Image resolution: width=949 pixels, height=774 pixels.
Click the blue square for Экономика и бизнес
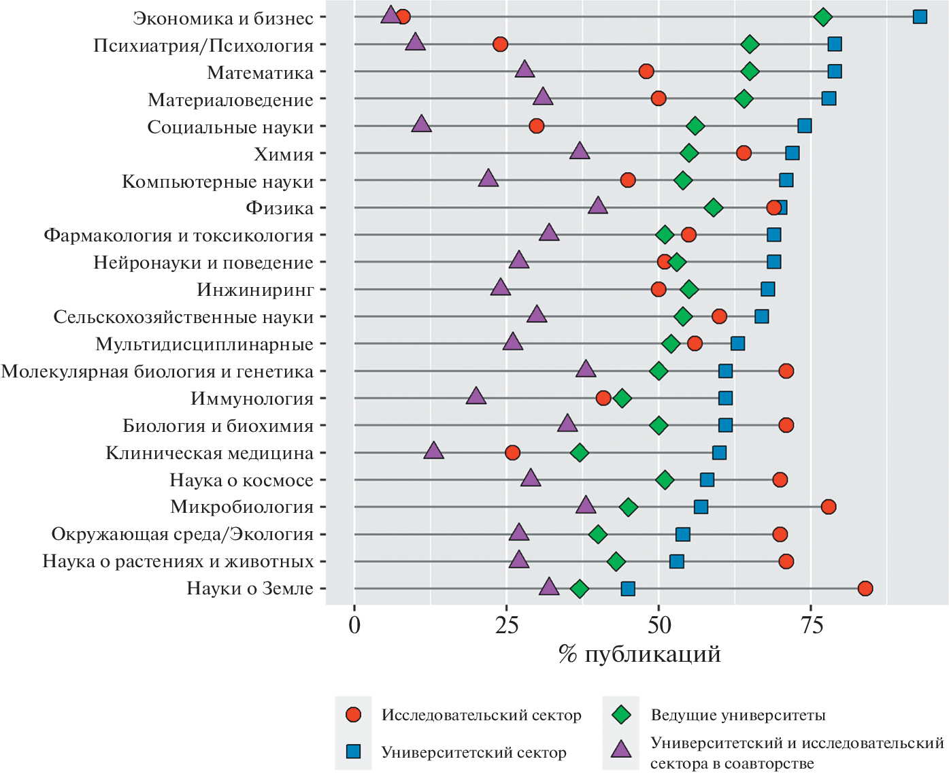click(920, 17)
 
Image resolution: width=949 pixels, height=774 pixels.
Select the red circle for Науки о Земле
click(865, 588)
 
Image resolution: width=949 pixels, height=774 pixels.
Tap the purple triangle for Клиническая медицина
click(433, 451)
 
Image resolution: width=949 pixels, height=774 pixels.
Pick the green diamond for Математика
click(750, 71)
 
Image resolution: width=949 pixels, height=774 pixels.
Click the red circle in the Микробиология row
click(829, 507)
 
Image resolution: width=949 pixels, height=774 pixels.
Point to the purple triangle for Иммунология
click(476, 397)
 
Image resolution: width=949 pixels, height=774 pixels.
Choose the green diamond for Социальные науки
click(695, 126)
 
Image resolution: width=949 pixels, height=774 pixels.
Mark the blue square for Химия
click(793, 153)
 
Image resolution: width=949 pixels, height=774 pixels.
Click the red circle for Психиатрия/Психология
click(500, 44)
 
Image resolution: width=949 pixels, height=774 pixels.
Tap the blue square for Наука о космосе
click(707, 479)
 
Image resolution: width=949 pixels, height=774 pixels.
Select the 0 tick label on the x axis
click(354, 625)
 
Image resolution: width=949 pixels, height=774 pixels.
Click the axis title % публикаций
click(639, 654)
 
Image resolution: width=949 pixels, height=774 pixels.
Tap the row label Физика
click(280, 208)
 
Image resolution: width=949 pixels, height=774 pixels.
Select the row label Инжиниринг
click(255, 290)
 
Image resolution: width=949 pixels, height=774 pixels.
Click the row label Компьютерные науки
click(218, 182)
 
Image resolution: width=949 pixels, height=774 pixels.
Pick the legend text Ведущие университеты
click(738, 715)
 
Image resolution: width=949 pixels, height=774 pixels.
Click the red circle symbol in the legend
click(353, 715)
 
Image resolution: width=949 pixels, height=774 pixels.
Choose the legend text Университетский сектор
click(473, 752)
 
